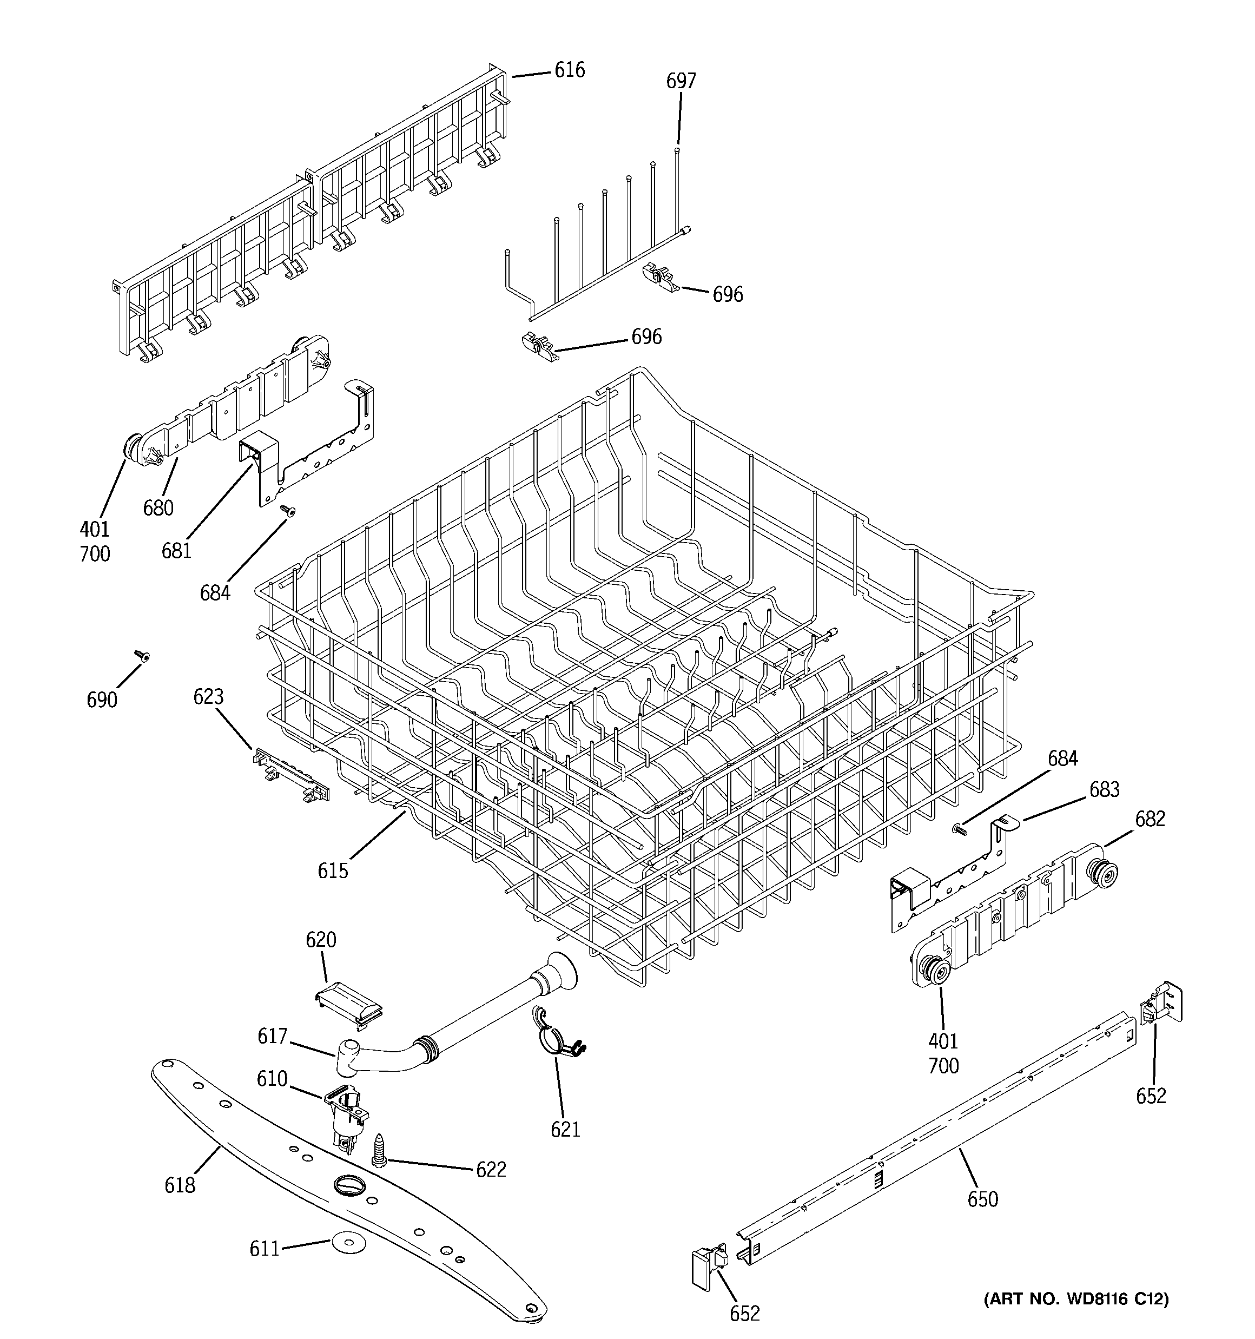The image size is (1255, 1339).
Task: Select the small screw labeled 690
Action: pos(142,655)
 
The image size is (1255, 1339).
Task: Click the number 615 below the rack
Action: pos(333,871)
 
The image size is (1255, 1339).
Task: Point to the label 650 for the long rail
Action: pos(982,1199)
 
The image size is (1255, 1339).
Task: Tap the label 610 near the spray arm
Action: pos(272,1078)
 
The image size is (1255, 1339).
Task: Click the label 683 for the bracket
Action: pos(1104,789)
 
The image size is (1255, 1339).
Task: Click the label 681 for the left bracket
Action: pos(176,550)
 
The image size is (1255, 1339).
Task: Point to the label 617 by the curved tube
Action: pos(272,1036)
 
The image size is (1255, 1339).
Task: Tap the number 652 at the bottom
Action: pos(744,1312)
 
